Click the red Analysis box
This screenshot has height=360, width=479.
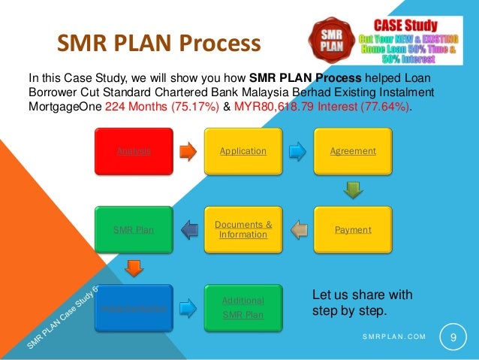point(133,150)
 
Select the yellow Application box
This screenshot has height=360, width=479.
point(243,150)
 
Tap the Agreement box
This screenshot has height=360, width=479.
point(353,150)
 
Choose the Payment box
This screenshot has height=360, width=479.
point(353,229)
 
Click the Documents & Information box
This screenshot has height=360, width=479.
point(243,229)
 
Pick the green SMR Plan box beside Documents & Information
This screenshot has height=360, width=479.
point(133,229)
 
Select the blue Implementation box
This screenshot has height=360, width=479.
point(133,308)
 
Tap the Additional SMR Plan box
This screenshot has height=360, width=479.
point(243,308)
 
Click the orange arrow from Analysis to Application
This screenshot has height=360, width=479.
point(188,150)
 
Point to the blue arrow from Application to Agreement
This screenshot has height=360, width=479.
point(298,150)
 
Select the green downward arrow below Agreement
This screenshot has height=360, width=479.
point(353,189)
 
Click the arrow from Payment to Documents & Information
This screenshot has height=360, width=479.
point(298,229)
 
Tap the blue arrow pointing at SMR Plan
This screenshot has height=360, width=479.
point(188,229)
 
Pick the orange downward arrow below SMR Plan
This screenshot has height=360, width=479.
point(133,268)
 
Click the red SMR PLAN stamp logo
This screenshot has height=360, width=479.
point(327,42)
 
